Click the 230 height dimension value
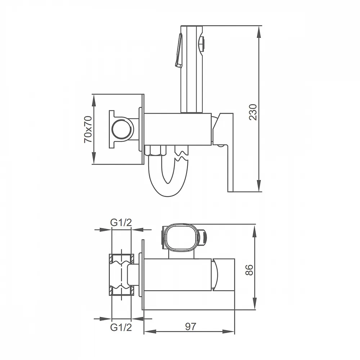tap(253, 112)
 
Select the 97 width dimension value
tap(191, 327)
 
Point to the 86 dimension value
tap(249, 270)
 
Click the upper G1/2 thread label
tap(121, 222)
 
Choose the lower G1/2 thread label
tap(121, 327)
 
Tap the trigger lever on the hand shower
tap(179, 50)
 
